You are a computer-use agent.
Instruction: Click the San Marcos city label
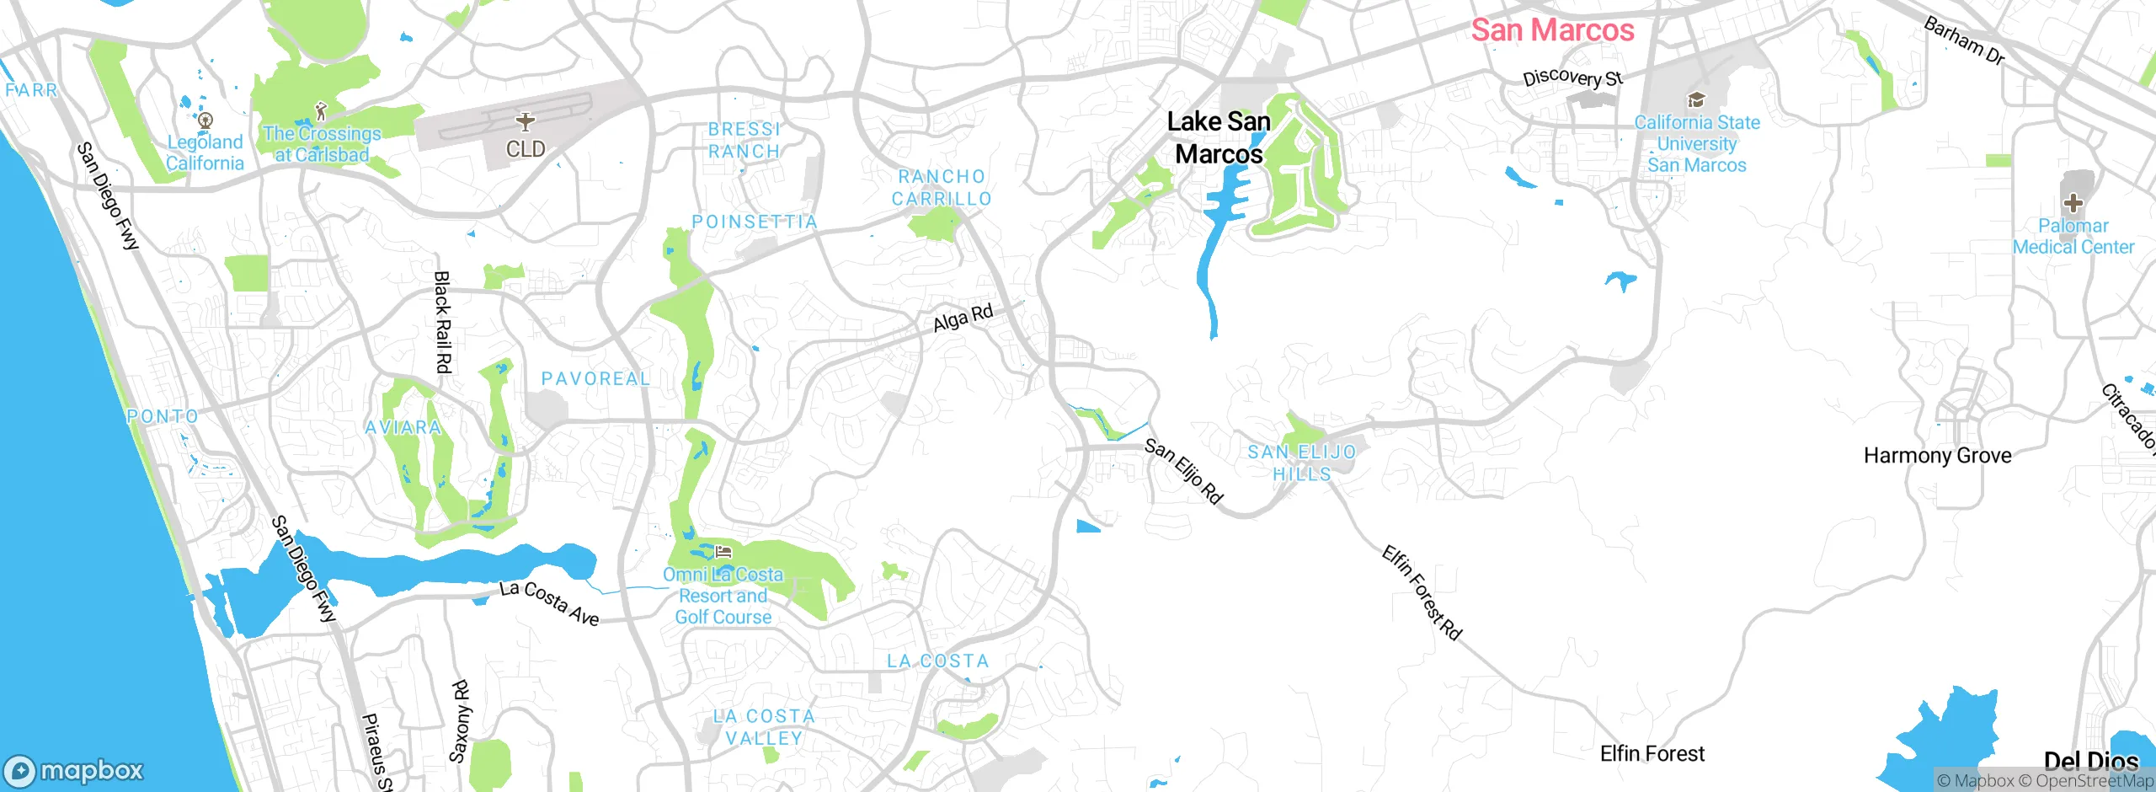[1552, 30]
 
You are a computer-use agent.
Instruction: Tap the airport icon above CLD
[526, 121]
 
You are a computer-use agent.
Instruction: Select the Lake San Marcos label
[1219, 137]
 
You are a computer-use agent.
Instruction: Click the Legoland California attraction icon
[205, 120]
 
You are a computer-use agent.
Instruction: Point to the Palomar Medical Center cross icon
[2073, 202]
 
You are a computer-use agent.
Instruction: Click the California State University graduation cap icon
[1696, 100]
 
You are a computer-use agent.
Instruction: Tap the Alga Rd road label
[963, 318]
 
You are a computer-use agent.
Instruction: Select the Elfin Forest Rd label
[1422, 592]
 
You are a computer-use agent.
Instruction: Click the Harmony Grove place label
[1937, 456]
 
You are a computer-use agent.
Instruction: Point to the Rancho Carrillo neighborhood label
[942, 188]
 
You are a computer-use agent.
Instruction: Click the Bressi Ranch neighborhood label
[744, 140]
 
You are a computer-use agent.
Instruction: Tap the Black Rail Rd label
[442, 322]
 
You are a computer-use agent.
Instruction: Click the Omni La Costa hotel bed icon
[723, 553]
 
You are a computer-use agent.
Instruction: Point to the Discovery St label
[1572, 78]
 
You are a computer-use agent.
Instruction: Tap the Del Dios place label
[2090, 761]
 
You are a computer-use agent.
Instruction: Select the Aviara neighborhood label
[403, 427]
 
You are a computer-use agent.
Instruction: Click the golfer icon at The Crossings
[320, 111]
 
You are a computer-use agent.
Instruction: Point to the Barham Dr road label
[1964, 40]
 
